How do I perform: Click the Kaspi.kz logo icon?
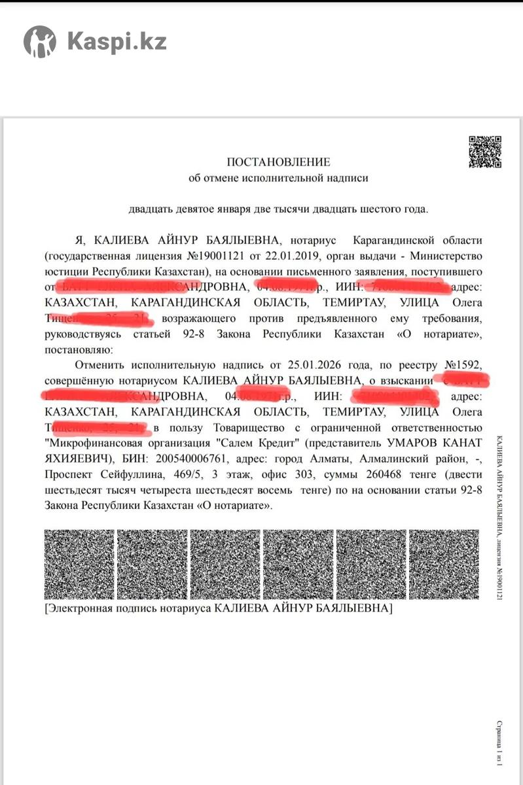40,42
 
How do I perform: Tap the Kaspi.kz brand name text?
117,42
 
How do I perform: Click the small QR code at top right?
485,152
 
